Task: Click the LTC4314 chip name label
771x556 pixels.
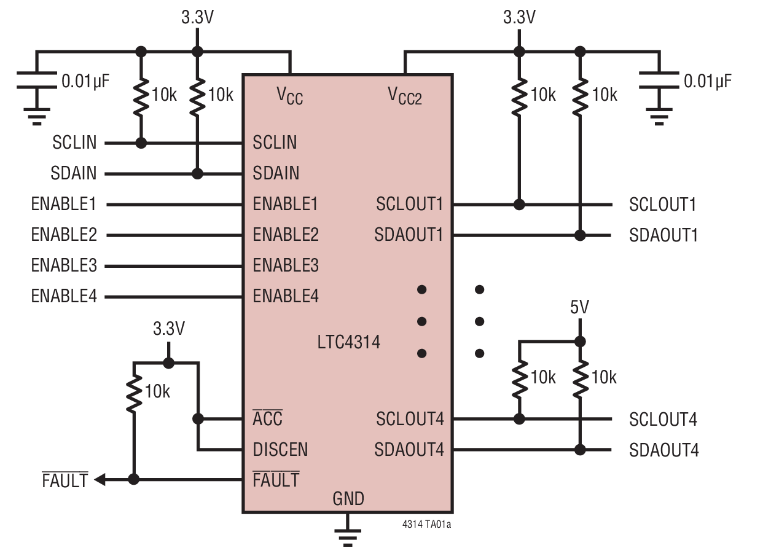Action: [348, 342]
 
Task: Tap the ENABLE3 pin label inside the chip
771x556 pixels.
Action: [286, 266]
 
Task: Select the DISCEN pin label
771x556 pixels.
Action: [280, 450]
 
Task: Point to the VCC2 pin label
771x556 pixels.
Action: [404, 95]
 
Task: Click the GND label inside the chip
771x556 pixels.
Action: [348, 499]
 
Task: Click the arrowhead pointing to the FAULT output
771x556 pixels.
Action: [100, 479]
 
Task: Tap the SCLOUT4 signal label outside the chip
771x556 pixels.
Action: [663, 420]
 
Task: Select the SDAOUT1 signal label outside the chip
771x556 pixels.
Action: [663, 235]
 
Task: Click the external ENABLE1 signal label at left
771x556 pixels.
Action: [64, 203]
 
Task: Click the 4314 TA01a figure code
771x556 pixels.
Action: [426, 525]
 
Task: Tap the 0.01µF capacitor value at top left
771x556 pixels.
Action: [85, 81]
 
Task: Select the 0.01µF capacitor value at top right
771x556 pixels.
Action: [708, 81]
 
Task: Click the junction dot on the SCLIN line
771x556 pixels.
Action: [141, 143]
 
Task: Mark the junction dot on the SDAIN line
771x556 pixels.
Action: [197, 174]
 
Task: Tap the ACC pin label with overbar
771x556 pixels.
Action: [267, 418]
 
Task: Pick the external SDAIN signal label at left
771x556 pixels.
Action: [74, 173]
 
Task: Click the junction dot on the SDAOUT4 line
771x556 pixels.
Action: [579, 450]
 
